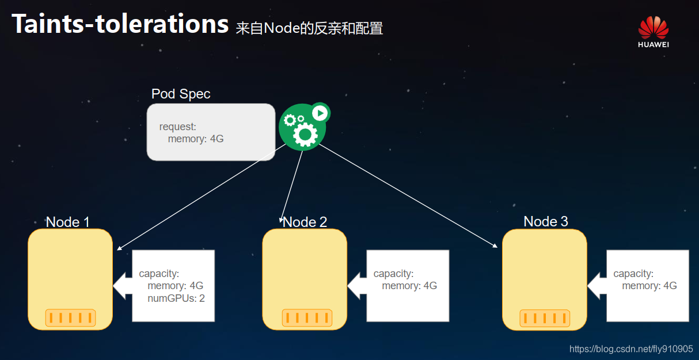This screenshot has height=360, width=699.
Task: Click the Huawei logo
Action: point(653,32)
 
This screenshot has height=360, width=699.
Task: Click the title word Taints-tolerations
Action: point(120,24)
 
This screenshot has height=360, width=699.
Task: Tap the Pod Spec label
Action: point(181,94)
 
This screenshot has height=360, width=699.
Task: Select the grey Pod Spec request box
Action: point(211,132)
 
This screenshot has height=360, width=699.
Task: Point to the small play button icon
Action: point(320,112)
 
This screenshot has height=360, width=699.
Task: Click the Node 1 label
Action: point(68,222)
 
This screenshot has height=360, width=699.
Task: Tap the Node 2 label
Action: point(305,222)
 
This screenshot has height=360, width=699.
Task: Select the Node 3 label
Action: point(545,221)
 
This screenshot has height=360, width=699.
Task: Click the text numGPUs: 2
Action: point(176,298)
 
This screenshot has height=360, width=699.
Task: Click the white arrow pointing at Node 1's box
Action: point(123,286)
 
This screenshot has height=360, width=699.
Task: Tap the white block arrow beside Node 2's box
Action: point(357,286)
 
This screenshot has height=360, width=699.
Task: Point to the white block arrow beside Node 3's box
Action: point(597,286)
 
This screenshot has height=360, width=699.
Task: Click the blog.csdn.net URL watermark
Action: point(631,349)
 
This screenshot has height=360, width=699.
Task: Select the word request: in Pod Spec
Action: point(178,127)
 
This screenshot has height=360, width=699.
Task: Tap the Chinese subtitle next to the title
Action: point(309,28)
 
